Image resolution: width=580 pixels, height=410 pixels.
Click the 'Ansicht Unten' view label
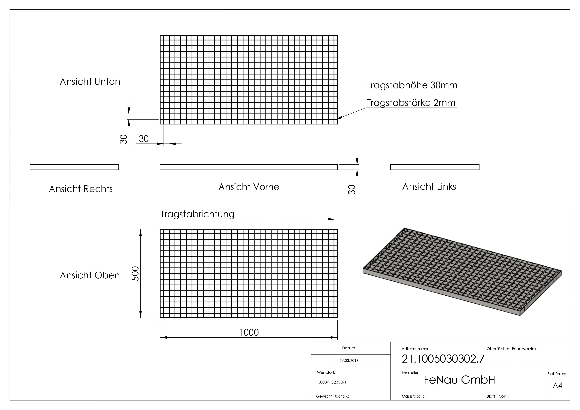coord(90,82)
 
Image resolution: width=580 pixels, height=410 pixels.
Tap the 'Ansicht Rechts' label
coord(81,189)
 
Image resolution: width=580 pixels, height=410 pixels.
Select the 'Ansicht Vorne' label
coord(249,187)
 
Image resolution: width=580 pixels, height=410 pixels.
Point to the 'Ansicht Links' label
coord(429,187)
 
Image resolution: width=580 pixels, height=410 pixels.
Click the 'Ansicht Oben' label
coord(90,275)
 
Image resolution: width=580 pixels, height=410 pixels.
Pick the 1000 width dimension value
coord(249,332)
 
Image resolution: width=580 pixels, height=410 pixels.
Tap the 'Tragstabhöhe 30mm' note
coord(412,85)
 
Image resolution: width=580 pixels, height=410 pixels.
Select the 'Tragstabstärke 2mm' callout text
coord(411,103)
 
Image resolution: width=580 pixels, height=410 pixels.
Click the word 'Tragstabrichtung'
coord(198,214)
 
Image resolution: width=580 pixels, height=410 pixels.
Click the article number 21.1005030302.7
coord(443,359)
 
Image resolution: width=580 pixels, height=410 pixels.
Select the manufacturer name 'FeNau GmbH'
coord(459,380)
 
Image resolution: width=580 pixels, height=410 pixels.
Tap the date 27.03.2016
coord(349,361)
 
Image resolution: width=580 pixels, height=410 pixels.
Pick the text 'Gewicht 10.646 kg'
coord(333,396)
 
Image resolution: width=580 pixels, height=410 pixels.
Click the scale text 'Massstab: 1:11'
coord(415,396)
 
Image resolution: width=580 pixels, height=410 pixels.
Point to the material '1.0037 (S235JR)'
coord(331,382)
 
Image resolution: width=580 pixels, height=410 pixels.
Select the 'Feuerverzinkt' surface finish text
coord(524,349)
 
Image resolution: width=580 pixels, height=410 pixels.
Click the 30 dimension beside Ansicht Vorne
coord(352,189)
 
